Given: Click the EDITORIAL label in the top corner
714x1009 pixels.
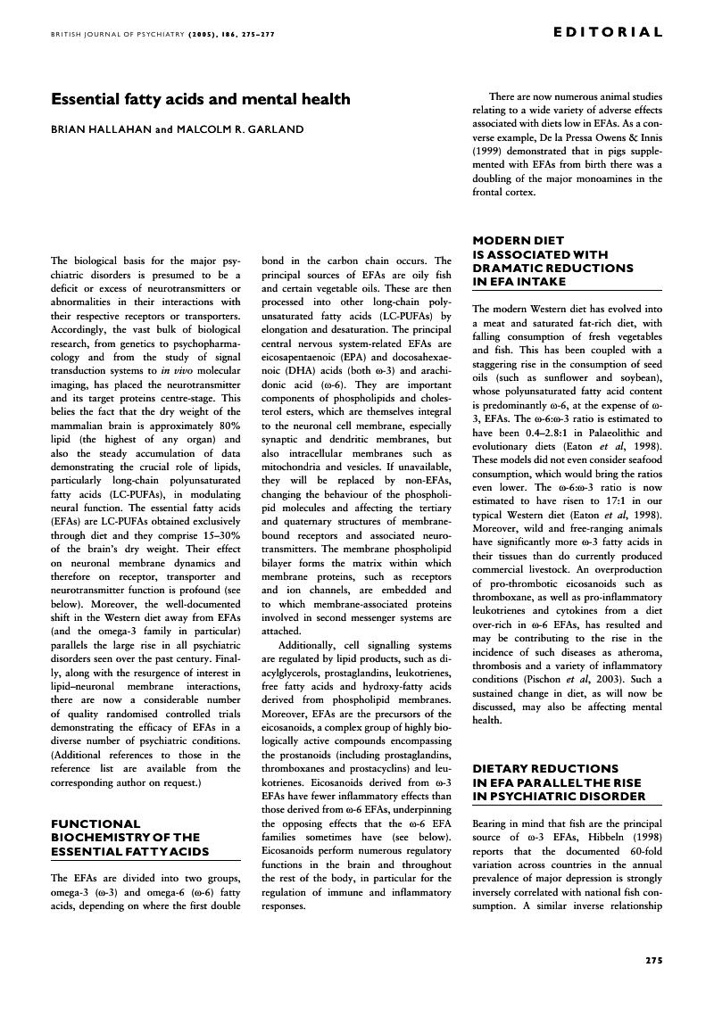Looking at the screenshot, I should tap(608, 33).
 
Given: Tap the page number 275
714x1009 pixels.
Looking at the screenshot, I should tap(653, 961).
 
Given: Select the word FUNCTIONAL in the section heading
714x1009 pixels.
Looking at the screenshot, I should tap(95, 823).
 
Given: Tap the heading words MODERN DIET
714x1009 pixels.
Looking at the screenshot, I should tap(517, 240).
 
